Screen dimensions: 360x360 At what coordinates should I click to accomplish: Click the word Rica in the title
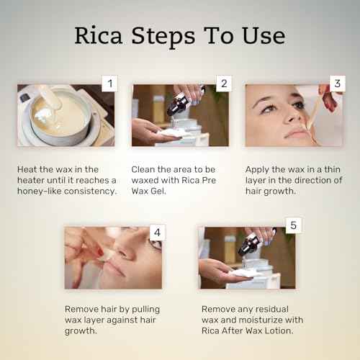(x=99, y=35)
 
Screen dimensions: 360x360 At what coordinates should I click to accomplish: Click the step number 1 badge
(x=109, y=84)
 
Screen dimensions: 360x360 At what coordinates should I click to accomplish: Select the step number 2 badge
(x=223, y=84)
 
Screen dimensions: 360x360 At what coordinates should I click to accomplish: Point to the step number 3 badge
(x=336, y=84)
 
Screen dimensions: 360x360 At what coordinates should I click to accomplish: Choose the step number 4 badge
(x=158, y=233)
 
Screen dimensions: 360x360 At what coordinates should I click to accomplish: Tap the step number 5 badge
(x=291, y=225)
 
